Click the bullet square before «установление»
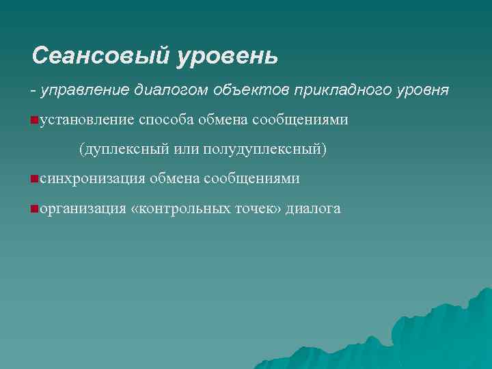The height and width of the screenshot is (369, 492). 33,120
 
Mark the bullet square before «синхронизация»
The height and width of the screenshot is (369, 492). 33,179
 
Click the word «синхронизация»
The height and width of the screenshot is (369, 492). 92,179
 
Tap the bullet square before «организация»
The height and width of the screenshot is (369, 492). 33,208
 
